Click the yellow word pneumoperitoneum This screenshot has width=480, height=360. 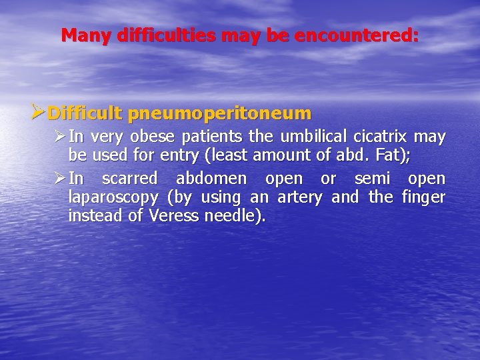point(219,113)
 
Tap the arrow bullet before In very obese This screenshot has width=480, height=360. point(59,137)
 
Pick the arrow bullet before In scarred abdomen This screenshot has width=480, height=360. point(59,179)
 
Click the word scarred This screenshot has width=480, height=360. point(130,179)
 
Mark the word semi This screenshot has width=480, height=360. point(372,179)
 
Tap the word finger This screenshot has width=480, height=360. point(424,198)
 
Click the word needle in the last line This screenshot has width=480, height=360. point(233,217)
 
